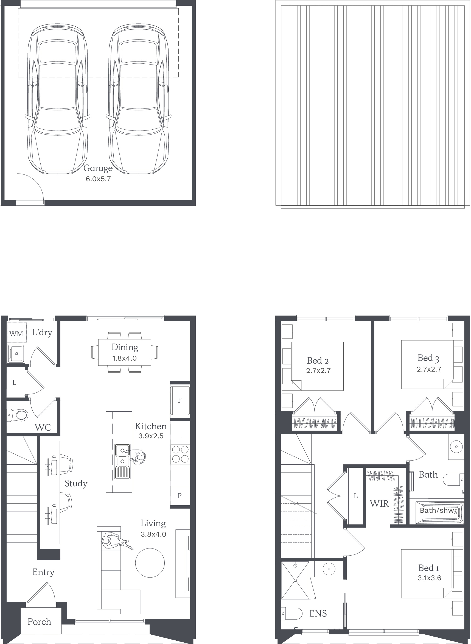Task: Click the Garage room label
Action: [x=98, y=169]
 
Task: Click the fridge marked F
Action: [x=180, y=400]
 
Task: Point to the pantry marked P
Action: [x=180, y=496]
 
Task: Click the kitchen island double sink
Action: [x=123, y=461]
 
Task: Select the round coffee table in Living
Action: [x=150, y=563]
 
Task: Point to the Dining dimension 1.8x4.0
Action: [x=125, y=358]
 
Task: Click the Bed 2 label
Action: [x=318, y=361]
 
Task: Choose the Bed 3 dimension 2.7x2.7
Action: [x=429, y=369]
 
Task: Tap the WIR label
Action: [x=379, y=503]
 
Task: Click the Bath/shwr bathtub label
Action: [x=439, y=510]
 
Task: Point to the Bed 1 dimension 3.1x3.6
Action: [x=429, y=578]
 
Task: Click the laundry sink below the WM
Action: [x=16, y=354]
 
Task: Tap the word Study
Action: [x=76, y=483]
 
